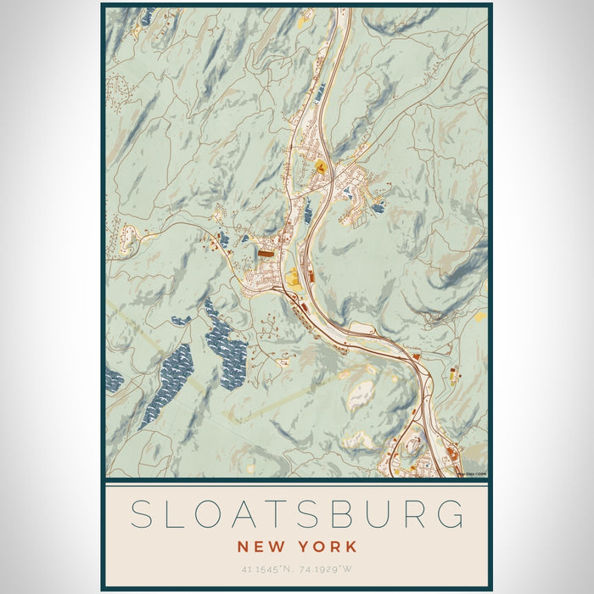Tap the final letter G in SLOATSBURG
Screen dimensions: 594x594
point(452,515)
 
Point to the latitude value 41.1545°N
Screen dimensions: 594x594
point(266,569)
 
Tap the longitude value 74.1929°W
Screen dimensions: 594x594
point(328,569)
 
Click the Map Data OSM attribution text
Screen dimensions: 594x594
point(471,474)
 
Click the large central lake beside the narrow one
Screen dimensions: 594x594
point(225,344)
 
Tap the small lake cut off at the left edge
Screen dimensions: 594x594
point(114,380)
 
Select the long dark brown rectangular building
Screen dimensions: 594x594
point(266,252)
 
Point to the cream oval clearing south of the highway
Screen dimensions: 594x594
point(362,395)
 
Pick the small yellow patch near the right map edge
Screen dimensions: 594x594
point(480,317)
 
